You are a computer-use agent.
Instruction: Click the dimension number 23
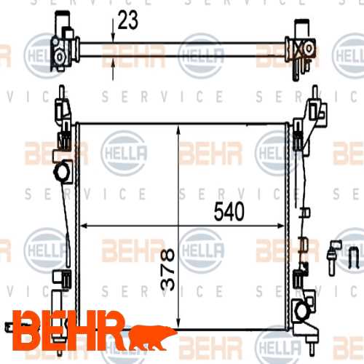128,23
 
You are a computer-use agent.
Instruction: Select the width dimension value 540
229,212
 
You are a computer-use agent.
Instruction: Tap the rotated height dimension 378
167,269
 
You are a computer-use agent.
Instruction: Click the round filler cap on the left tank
62,173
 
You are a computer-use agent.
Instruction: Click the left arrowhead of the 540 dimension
82,226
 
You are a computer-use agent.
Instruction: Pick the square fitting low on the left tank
59,277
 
